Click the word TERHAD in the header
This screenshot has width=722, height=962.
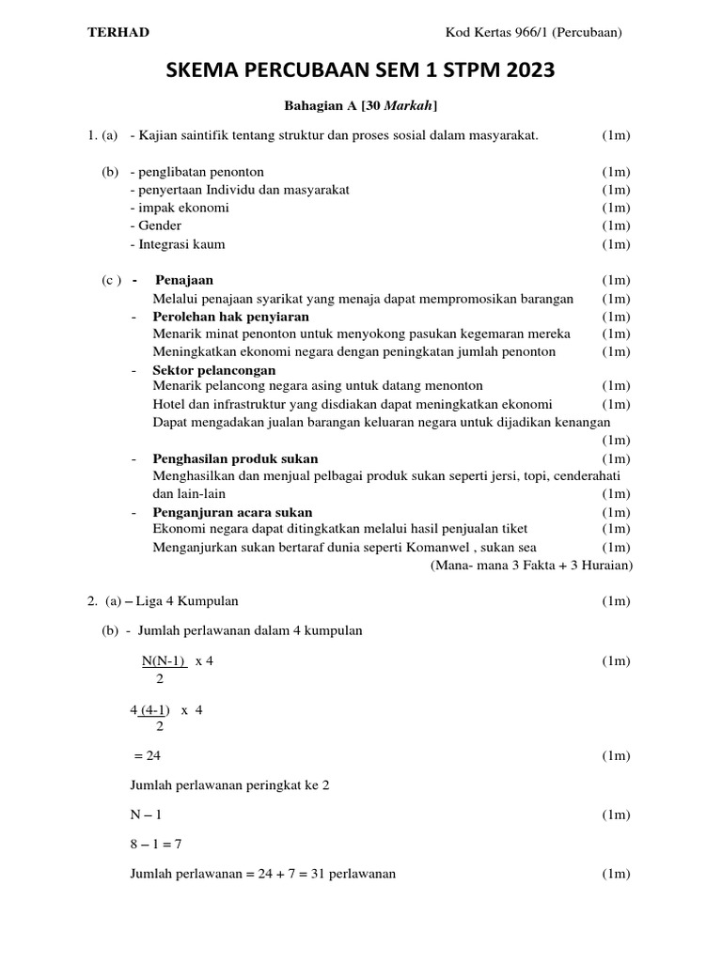[118, 33]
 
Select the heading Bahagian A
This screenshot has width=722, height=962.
[318, 107]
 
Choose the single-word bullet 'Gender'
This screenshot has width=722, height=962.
[159, 225]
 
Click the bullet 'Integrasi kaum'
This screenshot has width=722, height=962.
[181, 244]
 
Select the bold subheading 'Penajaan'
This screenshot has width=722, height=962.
[184, 280]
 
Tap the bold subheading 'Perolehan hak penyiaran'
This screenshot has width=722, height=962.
[230, 317]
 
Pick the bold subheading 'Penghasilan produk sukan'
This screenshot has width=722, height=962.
[235, 458]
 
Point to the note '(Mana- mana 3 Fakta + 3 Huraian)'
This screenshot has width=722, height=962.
[531, 566]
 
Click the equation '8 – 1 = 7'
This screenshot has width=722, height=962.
[155, 844]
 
